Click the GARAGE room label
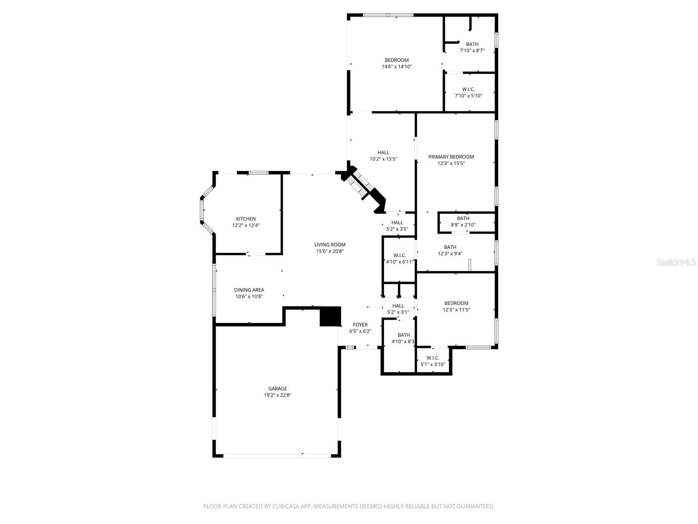277,389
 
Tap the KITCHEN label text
246,219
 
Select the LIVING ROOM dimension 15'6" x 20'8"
330,251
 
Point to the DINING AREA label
249,290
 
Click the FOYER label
360,324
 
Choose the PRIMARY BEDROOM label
451,157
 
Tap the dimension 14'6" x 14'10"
397,67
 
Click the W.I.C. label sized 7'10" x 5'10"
468,89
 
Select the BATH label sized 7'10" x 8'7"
472,44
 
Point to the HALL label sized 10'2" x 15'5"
383,152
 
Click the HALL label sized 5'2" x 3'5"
397,222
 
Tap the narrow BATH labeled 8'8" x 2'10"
463,218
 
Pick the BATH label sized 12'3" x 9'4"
450,247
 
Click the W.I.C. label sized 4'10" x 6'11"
399,255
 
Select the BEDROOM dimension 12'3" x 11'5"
456,310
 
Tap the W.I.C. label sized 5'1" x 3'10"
433,358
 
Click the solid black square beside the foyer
330,317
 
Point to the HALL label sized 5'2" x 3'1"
398,306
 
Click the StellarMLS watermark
677,262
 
